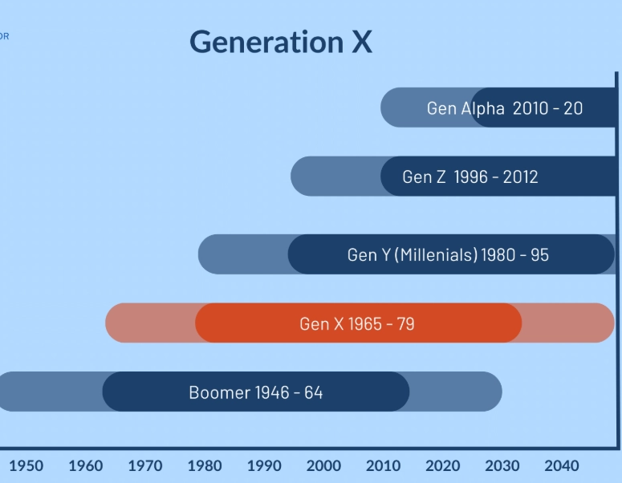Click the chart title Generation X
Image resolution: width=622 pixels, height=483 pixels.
pos(281,42)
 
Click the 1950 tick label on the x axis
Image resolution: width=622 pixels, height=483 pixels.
pos(26,465)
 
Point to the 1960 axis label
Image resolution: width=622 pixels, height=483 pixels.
pos(86,465)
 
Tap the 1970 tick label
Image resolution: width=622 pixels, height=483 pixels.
pos(145,465)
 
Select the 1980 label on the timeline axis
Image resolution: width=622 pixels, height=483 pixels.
pos(205,465)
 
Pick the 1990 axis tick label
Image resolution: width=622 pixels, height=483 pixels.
pos(264,465)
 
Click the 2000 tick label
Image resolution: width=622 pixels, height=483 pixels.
pos(323,465)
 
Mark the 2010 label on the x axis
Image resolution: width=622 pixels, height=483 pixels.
pos(383,465)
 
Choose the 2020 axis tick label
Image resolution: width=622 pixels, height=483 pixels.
pos(442,465)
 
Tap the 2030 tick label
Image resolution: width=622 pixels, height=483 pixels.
pos(502,465)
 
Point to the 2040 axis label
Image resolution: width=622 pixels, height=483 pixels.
pos(561,465)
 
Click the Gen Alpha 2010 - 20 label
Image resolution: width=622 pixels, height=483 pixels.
pos(505,108)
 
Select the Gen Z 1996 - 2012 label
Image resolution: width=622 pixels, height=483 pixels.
pos(470,177)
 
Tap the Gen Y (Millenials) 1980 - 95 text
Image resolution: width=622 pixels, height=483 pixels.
pos(448,255)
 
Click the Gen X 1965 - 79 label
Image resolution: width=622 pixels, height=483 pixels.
pos(357,324)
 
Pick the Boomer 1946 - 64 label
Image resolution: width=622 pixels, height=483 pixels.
pos(256,393)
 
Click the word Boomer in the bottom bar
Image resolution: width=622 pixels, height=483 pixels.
pos(220,393)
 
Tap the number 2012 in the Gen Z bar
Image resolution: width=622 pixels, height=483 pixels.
pos(521,177)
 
